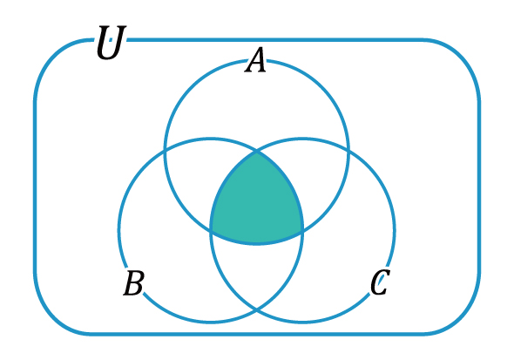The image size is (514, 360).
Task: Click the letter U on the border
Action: pos(111,43)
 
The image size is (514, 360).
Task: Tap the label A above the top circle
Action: pos(255,59)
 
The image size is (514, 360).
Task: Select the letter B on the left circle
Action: pos(133,282)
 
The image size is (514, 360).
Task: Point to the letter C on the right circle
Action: pos(380,282)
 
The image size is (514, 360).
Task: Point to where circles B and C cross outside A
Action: pos(257,309)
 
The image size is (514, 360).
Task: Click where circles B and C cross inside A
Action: pos(257,152)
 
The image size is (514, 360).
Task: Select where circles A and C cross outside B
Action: pos(348,152)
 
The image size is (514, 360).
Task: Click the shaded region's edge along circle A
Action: pos(257,243)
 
